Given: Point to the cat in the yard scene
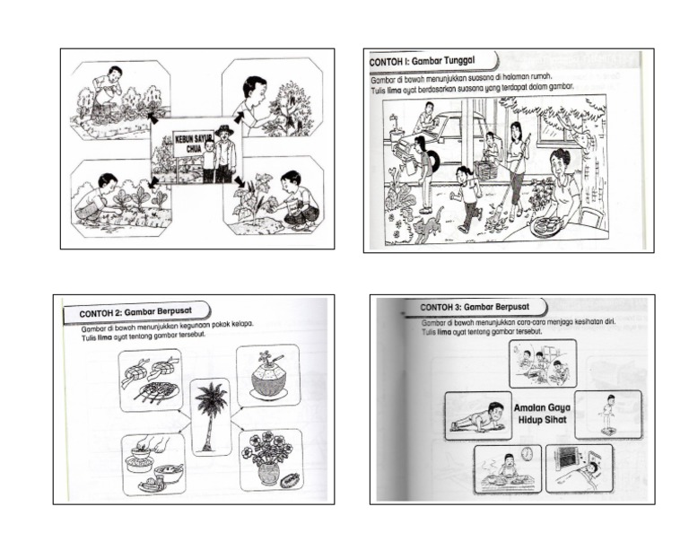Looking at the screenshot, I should click(429, 224).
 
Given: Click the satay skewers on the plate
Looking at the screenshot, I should click(151, 390).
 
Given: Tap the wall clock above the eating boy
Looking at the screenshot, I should click(527, 453).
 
